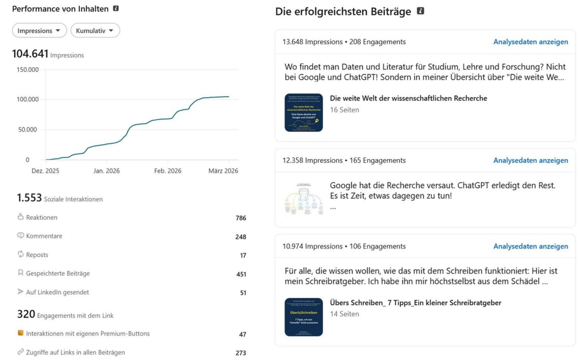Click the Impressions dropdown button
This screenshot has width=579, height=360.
39,31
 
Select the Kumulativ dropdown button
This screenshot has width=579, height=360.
95,31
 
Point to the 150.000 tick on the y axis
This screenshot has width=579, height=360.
27,69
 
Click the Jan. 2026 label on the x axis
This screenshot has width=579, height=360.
106,171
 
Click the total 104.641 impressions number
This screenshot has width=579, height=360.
30,53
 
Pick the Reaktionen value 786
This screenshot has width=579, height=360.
241,218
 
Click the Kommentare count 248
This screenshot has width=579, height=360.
241,237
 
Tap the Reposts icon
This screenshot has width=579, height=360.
21,254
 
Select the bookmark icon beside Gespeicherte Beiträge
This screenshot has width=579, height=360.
21,273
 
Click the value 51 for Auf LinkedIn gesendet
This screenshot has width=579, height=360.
243,293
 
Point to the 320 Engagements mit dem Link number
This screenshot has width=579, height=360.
26,314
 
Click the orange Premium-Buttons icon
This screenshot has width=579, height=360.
21,333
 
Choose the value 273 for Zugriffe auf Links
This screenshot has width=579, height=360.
241,353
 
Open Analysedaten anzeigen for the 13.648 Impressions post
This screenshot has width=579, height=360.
530,42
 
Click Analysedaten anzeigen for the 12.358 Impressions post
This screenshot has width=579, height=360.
530,160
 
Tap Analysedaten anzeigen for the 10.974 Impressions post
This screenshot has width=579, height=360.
530,246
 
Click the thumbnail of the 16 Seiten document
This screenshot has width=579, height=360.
304,113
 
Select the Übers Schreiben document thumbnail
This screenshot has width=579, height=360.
304,317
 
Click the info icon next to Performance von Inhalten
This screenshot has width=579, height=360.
116,9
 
